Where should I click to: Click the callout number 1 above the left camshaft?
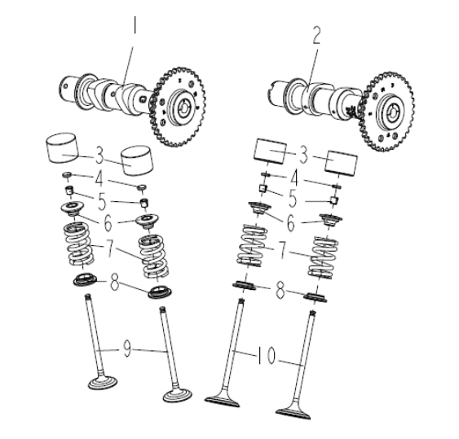[x=135, y=25]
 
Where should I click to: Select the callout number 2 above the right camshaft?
[x=316, y=35]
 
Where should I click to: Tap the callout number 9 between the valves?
[x=127, y=349]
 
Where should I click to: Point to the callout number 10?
[x=267, y=355]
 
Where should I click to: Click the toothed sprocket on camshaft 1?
[x=178, y=107]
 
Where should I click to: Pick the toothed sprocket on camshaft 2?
[x=387, y=112]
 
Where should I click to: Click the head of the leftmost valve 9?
[x=103, y=382]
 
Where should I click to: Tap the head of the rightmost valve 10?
[x=293, y=414]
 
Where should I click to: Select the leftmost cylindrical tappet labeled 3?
[x=64, y=147]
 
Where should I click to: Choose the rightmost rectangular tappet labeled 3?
[x=342, y=164]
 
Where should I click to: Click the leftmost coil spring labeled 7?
[x=79, y=244]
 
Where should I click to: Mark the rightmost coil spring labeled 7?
[x=323, y=257]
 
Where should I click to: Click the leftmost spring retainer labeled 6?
[x=73, y=209]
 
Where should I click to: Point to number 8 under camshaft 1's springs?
[x=115, y=283]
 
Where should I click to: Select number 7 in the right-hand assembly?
[x=282, y=249]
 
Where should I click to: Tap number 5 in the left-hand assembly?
[x=102, y=201]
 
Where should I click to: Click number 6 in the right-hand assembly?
[x=290, y=223]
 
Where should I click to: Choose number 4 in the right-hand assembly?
[x=295, y=178]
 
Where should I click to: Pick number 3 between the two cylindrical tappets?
[x=99, y=156]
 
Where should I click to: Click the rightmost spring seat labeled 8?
[x=315, y=297]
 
